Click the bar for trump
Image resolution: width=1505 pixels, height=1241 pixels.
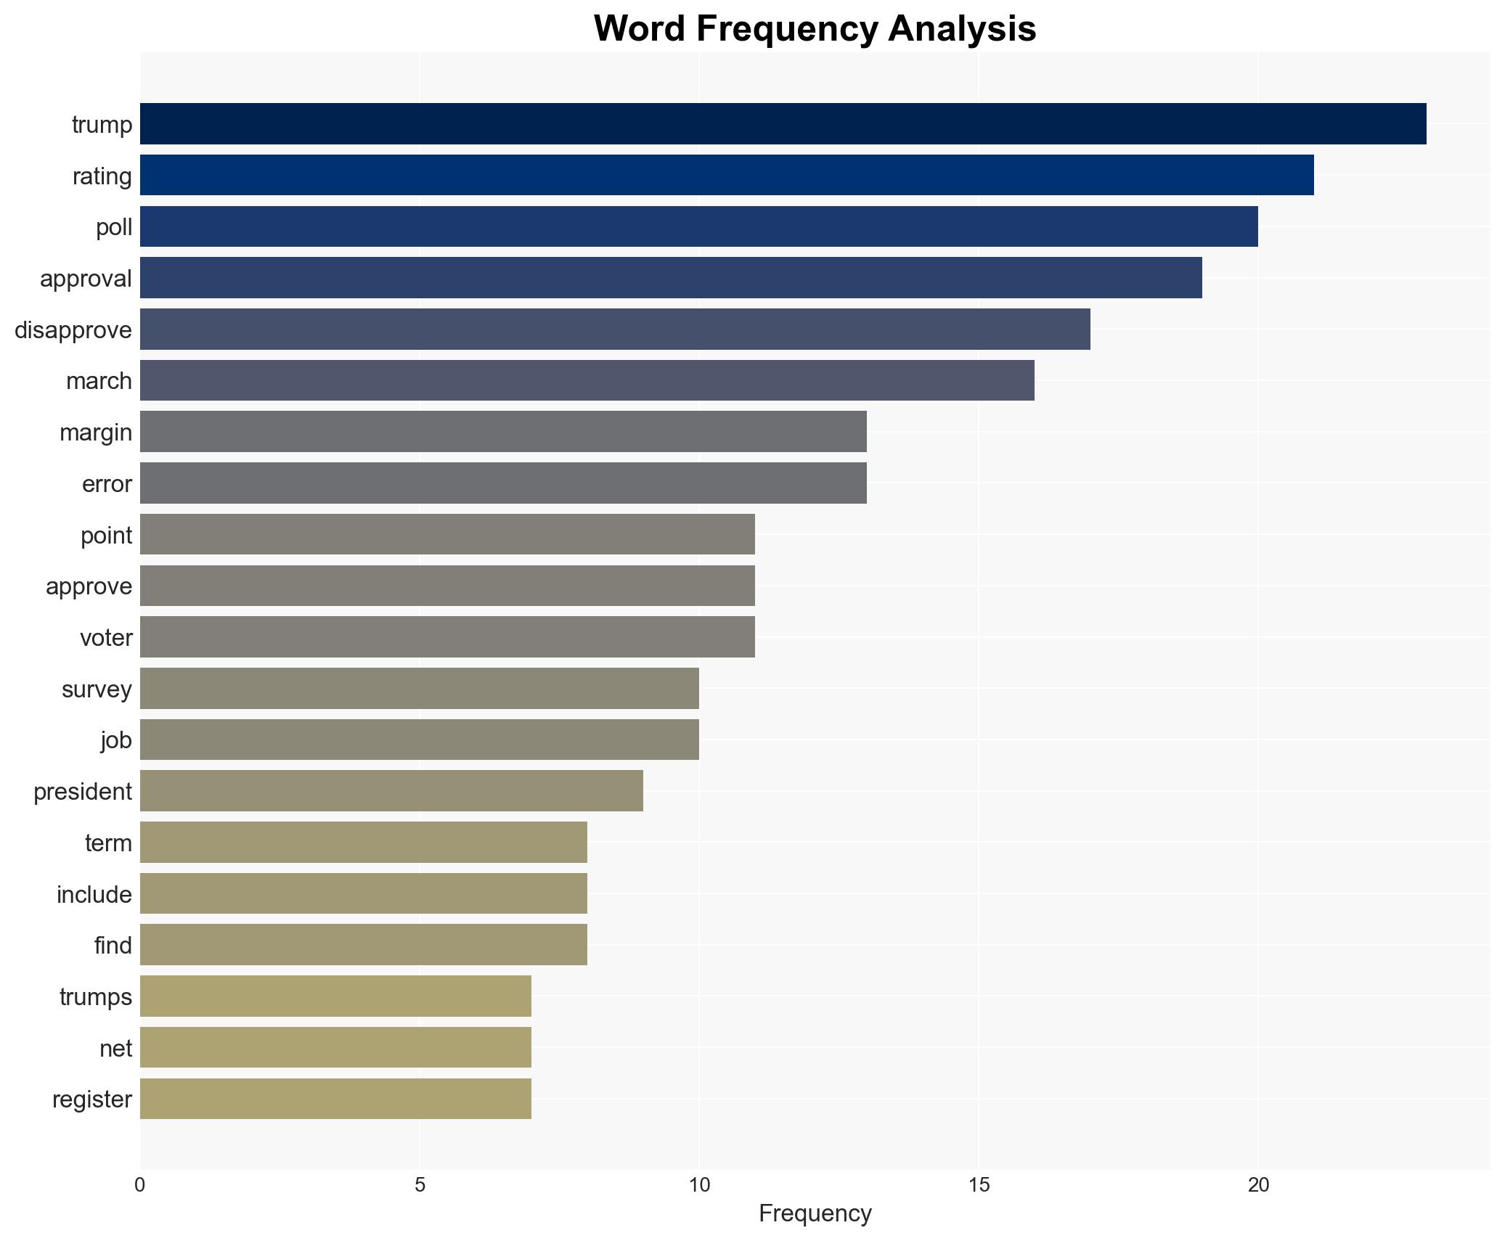(x=783, y=124)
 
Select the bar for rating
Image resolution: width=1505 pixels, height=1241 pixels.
(x=727, y=176)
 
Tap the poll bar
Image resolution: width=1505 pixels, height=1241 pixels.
(x=698, y=226)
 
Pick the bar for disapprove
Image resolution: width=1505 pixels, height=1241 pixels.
(x=615, y=329)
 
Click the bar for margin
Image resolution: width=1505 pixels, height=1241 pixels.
(x=503, y=432)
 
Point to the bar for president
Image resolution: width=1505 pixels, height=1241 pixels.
(x=391, y=791)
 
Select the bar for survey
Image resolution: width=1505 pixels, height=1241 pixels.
(x=419, y=689)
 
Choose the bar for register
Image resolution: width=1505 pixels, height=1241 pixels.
(x=335, y=1099)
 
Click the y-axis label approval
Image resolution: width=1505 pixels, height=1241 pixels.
(x=86, y=279)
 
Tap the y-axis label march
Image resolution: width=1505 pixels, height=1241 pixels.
(x=99, y=381)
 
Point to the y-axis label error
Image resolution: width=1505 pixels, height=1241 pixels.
(x=107, y=484)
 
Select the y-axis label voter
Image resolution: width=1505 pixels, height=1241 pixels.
(x=106, y=638)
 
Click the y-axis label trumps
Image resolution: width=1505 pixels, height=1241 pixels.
(x=96, y=997)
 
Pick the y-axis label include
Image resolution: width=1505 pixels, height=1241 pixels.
(x=94, y=895)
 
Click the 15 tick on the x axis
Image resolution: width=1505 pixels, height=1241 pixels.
(x=979, y=1185)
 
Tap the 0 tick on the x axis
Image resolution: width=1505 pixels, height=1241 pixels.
(x=140, y=1185)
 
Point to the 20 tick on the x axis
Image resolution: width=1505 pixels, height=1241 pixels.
(x=1258, y=1185)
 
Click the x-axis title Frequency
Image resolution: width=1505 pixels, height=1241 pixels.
(x=815, y=1213)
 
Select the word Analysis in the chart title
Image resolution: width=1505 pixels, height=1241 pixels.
(x=961, y=29)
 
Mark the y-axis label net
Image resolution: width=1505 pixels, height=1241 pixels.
(x=115, y=1049)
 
